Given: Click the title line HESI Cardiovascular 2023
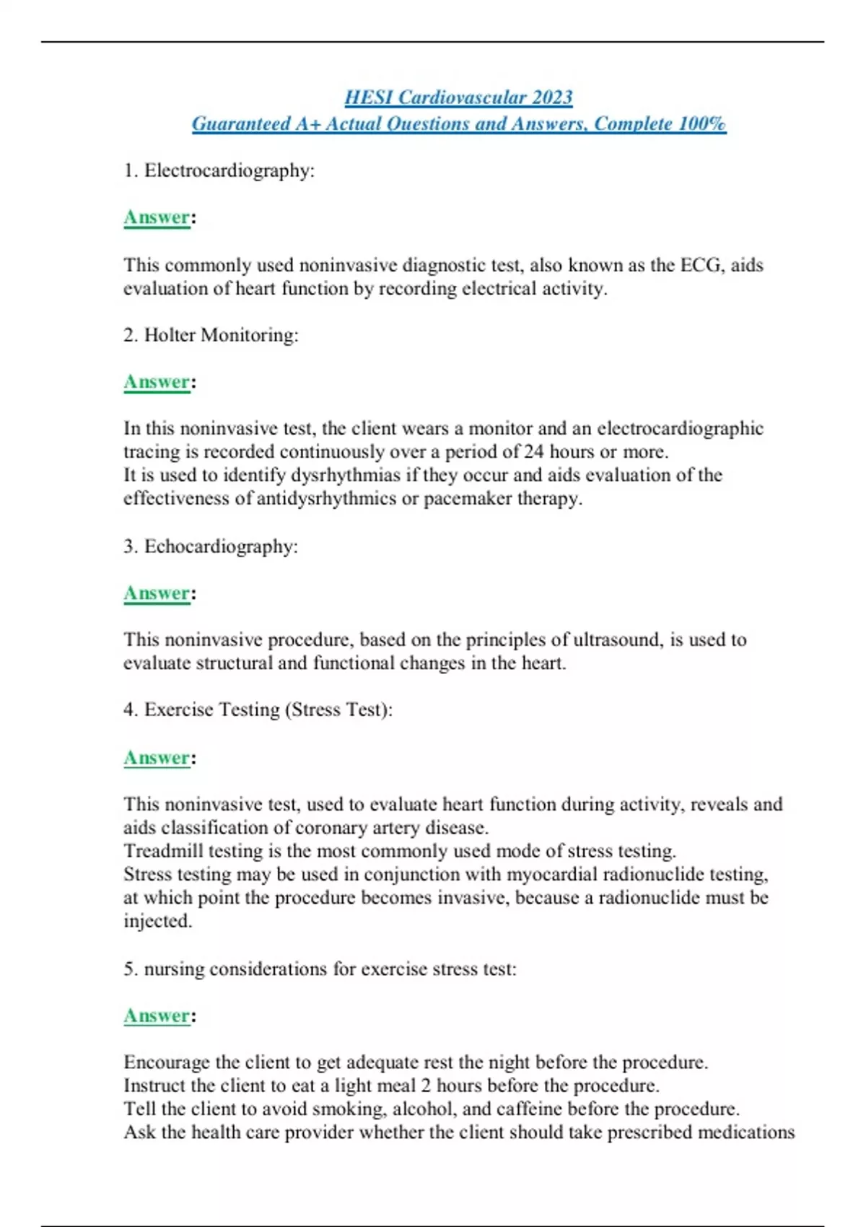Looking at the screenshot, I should [x=458, y=97].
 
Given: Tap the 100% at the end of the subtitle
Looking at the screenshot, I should [x=702, y=124].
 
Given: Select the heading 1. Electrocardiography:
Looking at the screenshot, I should [x=219, y=171].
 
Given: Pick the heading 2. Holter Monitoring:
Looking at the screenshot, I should [x=211, y=336].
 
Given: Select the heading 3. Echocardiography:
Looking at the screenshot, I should [x=211, y=546].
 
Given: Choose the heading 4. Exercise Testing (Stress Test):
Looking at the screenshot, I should [x=258, y=710].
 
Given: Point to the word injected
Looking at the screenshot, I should [x=157, y=922].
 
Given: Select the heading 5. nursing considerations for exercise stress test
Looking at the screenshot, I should [x=320, y=969].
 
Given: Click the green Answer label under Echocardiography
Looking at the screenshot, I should [x=157, y=594].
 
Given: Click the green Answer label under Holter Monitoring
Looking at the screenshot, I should [x=157, y=383].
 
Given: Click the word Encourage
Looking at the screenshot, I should [x=167, y=1062].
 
